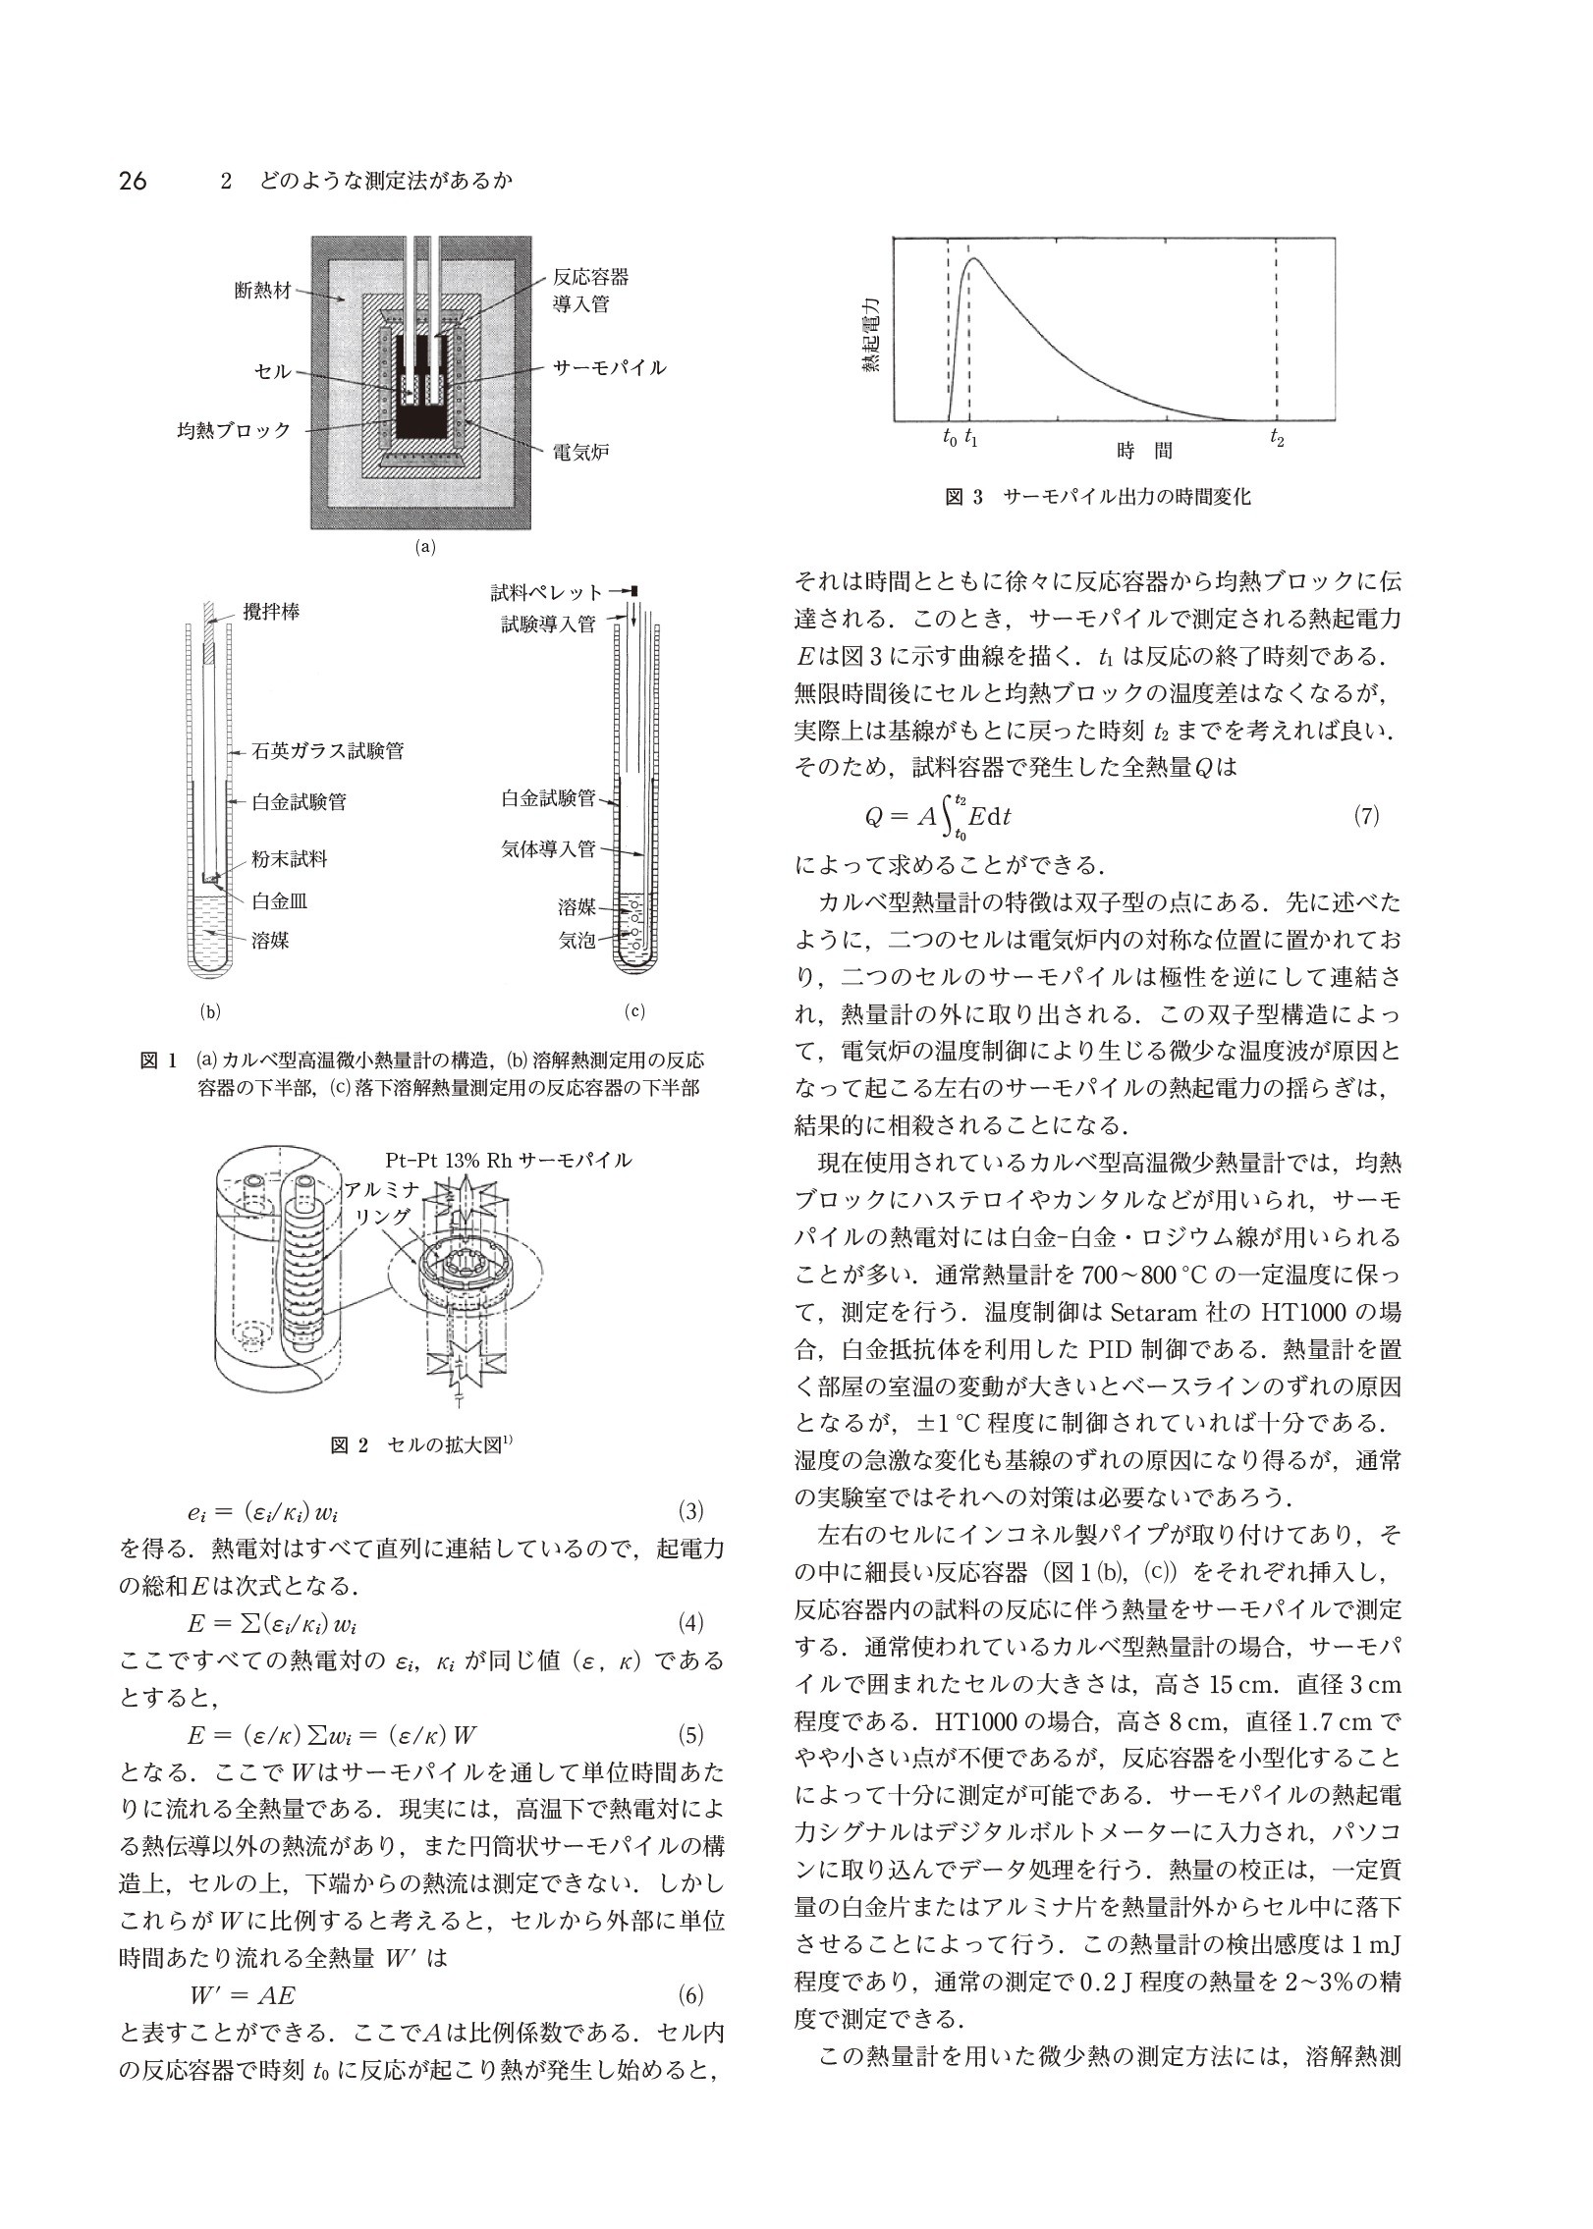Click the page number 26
[x=132, y=182]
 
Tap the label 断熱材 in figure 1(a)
[x=262, y=292]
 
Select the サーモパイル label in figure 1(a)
[x=609, y=368]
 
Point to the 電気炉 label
[x=581, y=453]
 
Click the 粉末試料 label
[x=290, y=859]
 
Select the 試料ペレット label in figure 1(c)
[x=547, y=592]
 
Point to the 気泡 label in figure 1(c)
[x=577, y=941]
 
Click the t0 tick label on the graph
[x=948, y=439]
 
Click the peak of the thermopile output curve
[x=974, y=259]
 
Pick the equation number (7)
[x=1367, y=816]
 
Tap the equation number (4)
[x=692, y=1620]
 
